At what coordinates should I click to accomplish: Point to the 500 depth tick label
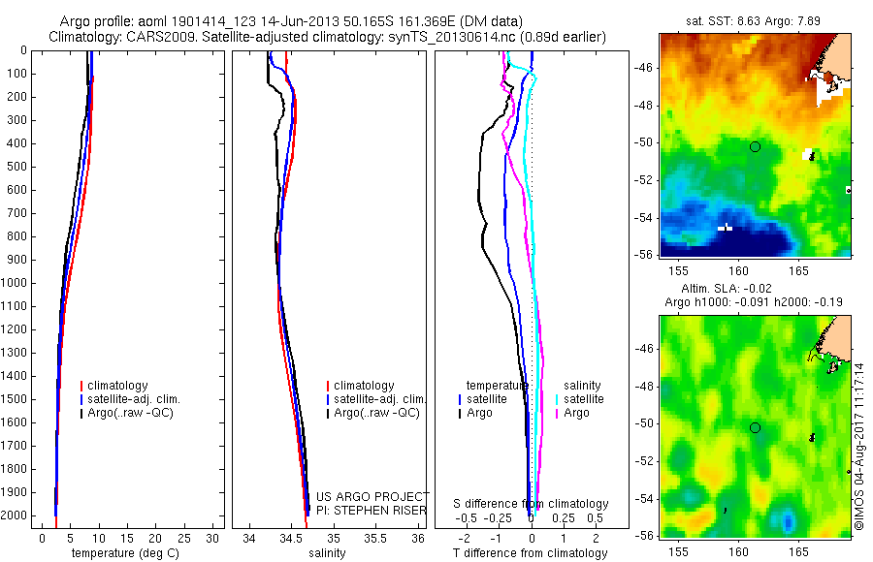pyautogui.click(x=16, y=167)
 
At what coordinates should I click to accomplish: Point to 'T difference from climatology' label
pyautogui.click(x=531, y=553)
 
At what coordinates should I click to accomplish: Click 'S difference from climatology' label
pyautogui.click(x=531, y=504)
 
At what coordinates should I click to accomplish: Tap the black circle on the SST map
pyautogui.click(x=755, y=146)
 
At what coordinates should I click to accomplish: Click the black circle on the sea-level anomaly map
pyautogui.click(x=755, y=427)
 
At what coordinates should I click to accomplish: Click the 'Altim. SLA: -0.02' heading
pyautogui.click(x=755, y=290)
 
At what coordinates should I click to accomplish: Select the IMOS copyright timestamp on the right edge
pyautogui.click(x=859, y=442)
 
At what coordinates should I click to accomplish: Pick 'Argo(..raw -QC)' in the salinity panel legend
pyautogui.click(x=376, y=413)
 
